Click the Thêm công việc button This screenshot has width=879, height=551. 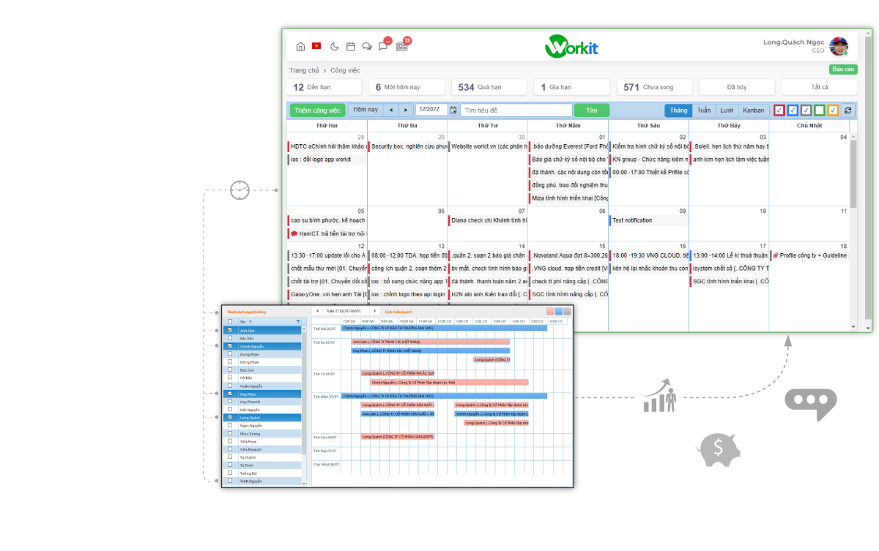point(317,110)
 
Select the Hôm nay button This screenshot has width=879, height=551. point(366,110)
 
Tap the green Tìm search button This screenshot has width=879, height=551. point(592,110)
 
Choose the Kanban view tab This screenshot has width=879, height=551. point(753,110)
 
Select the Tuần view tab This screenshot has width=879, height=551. point(704,110)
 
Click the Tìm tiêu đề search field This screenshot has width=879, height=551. point(516,110)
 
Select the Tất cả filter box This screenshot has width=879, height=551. point(819,87)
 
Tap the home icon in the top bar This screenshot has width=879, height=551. point(300,46)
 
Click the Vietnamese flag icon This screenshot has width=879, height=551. point(316,46)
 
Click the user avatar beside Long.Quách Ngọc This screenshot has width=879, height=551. point(839,46)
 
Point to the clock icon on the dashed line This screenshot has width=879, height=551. point(240,190)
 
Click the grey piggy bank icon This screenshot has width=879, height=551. point(719,449)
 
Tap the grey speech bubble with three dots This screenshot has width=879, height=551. point(810,403)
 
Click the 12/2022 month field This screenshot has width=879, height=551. point(431,110)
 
